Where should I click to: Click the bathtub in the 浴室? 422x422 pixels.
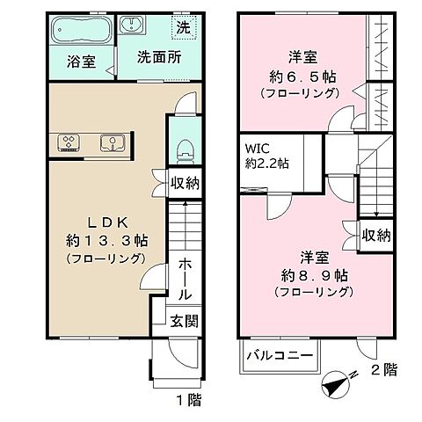[80, 33]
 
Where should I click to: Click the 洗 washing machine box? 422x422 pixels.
[182, 27]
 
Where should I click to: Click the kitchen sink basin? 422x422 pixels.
[112, 140]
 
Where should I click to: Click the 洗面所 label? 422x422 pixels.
[158, 59]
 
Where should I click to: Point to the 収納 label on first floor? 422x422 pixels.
[184, 184]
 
